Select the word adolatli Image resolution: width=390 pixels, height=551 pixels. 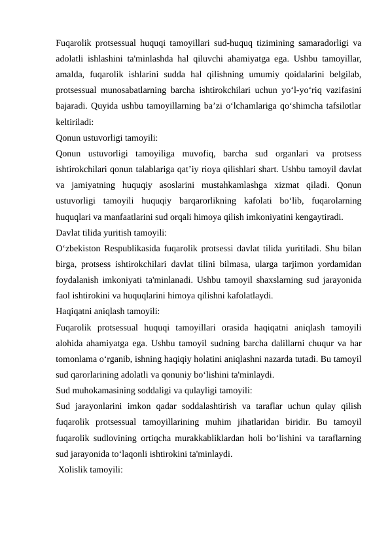[72, 58]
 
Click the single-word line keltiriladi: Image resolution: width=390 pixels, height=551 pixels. [78, 121]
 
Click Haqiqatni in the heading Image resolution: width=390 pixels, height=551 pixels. [75, 311]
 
